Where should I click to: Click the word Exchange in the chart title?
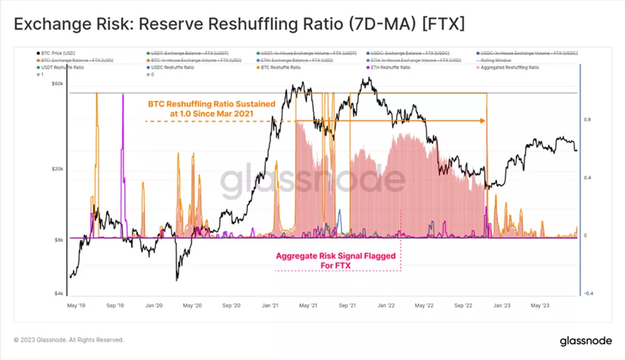click(x=49, y=25)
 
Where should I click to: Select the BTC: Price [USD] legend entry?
click(x=53, y=52)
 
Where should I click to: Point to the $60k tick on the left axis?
click(x=58, y=84)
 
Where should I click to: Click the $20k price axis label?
click(x=58, y=169)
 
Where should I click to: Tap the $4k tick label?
click(x=59, y=293)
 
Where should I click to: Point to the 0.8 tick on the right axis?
click(x=587, y=120)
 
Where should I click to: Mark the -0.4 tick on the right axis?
click(x=588, y=293)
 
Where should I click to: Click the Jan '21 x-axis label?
click(x=270, y=306)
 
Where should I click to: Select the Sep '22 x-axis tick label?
click(x=462, y=306)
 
